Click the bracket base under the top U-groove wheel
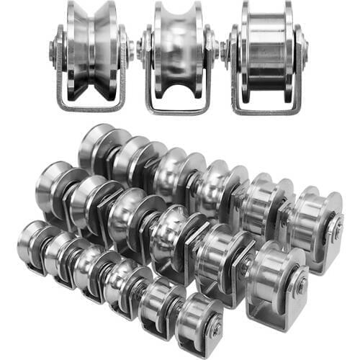pos(179,108)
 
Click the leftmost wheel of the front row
pos(32,241)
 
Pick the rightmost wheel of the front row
pos(197,320)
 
